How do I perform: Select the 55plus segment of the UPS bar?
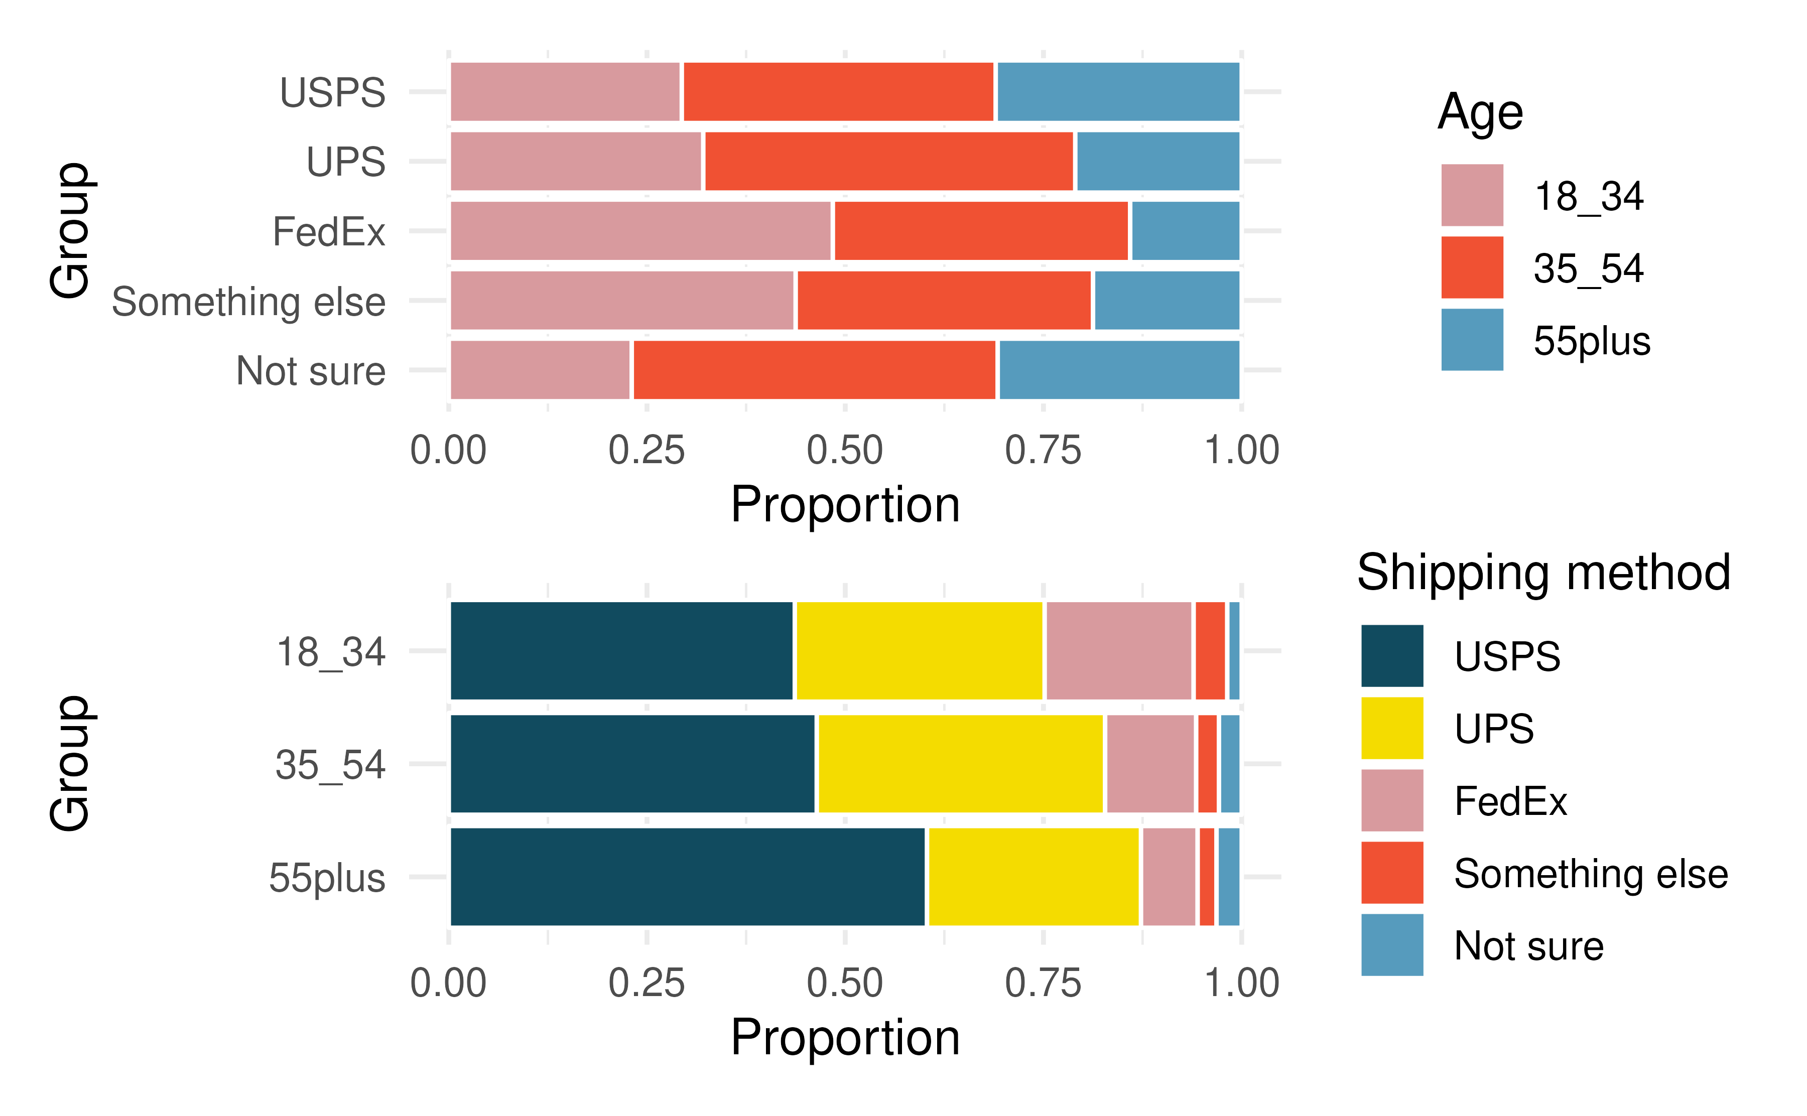coord(1157,161)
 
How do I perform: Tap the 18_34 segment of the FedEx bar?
coord(640,230)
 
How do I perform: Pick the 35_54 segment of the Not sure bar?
coord(814,370)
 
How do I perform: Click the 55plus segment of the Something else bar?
coord(1167,301)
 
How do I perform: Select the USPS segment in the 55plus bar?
coord(687,876)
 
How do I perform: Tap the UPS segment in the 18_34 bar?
coord(919,650)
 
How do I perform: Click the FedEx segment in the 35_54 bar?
coord(1150,763)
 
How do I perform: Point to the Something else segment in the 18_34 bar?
coord(1210,650)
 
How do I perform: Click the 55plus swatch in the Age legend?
coord(1472,340)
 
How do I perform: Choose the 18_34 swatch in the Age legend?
coord(1472,195)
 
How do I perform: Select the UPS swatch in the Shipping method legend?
coord(1391,728)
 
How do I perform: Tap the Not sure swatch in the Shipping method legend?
coord(1391,945)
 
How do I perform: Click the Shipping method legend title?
coord(1543,573)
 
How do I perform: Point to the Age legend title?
coord(1480,112)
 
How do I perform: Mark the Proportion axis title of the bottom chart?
coord(845,1037)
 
